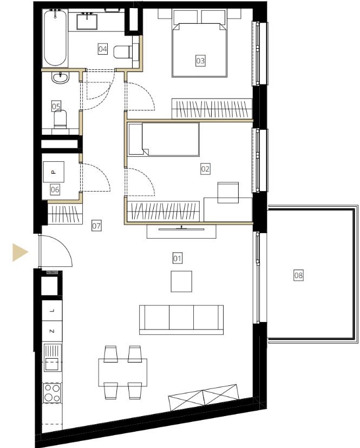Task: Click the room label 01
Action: coord(177,258)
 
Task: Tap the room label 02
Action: coord(205,169)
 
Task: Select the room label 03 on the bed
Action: coord(200,61)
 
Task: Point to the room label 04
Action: coord(103,49)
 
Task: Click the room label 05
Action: coord(56,106)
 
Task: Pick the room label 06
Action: coord(55,189)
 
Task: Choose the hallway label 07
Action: coord(96,226)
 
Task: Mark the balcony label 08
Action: coord(298,275)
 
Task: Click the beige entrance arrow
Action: coord(20,252)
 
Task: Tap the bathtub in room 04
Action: coord(55,38)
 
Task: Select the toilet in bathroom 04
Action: coord(123,52)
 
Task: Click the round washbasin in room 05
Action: coord(60,78)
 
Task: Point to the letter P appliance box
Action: coord(54,172)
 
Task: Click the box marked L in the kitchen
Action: coord(52,311)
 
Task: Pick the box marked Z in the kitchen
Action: coord(52,331)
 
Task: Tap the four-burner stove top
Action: coord(52,393)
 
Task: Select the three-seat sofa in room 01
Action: coord(181,319)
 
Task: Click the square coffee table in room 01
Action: coord(181,281)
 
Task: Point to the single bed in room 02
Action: coord(163,140)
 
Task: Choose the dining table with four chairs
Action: coord(123,372)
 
